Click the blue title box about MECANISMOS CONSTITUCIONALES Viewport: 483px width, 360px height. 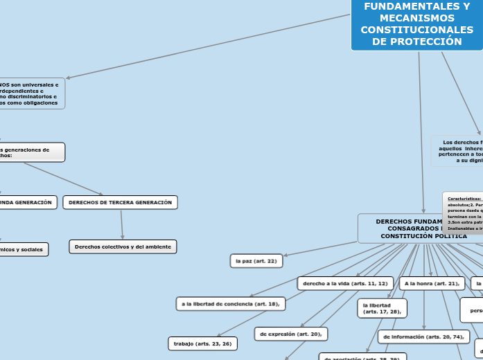click(416, 25)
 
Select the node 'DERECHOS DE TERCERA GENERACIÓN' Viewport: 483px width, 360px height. click(121, 202)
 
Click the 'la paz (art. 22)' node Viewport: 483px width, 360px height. click(256, 261)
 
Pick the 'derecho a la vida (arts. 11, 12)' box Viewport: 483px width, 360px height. click(345, 284)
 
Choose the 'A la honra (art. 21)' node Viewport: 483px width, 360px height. click(432, 284)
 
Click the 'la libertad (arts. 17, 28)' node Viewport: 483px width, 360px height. click(382, 308)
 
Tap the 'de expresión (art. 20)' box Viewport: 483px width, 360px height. click(291, 334)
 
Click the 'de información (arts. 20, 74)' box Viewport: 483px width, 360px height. click(423, 337)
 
